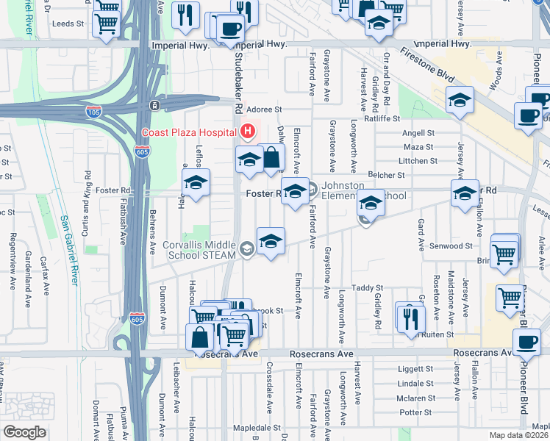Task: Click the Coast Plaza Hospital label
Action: coord(190,132)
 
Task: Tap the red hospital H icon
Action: coord(248,132)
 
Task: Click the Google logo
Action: coord(24,432)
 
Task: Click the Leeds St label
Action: coord(68,24)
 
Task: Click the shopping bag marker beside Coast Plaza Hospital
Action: coord(271,158)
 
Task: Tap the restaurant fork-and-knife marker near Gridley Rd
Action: coord(409,317)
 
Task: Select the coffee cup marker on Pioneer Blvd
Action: coord(526,341)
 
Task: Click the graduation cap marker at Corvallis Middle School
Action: coord(271,241)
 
